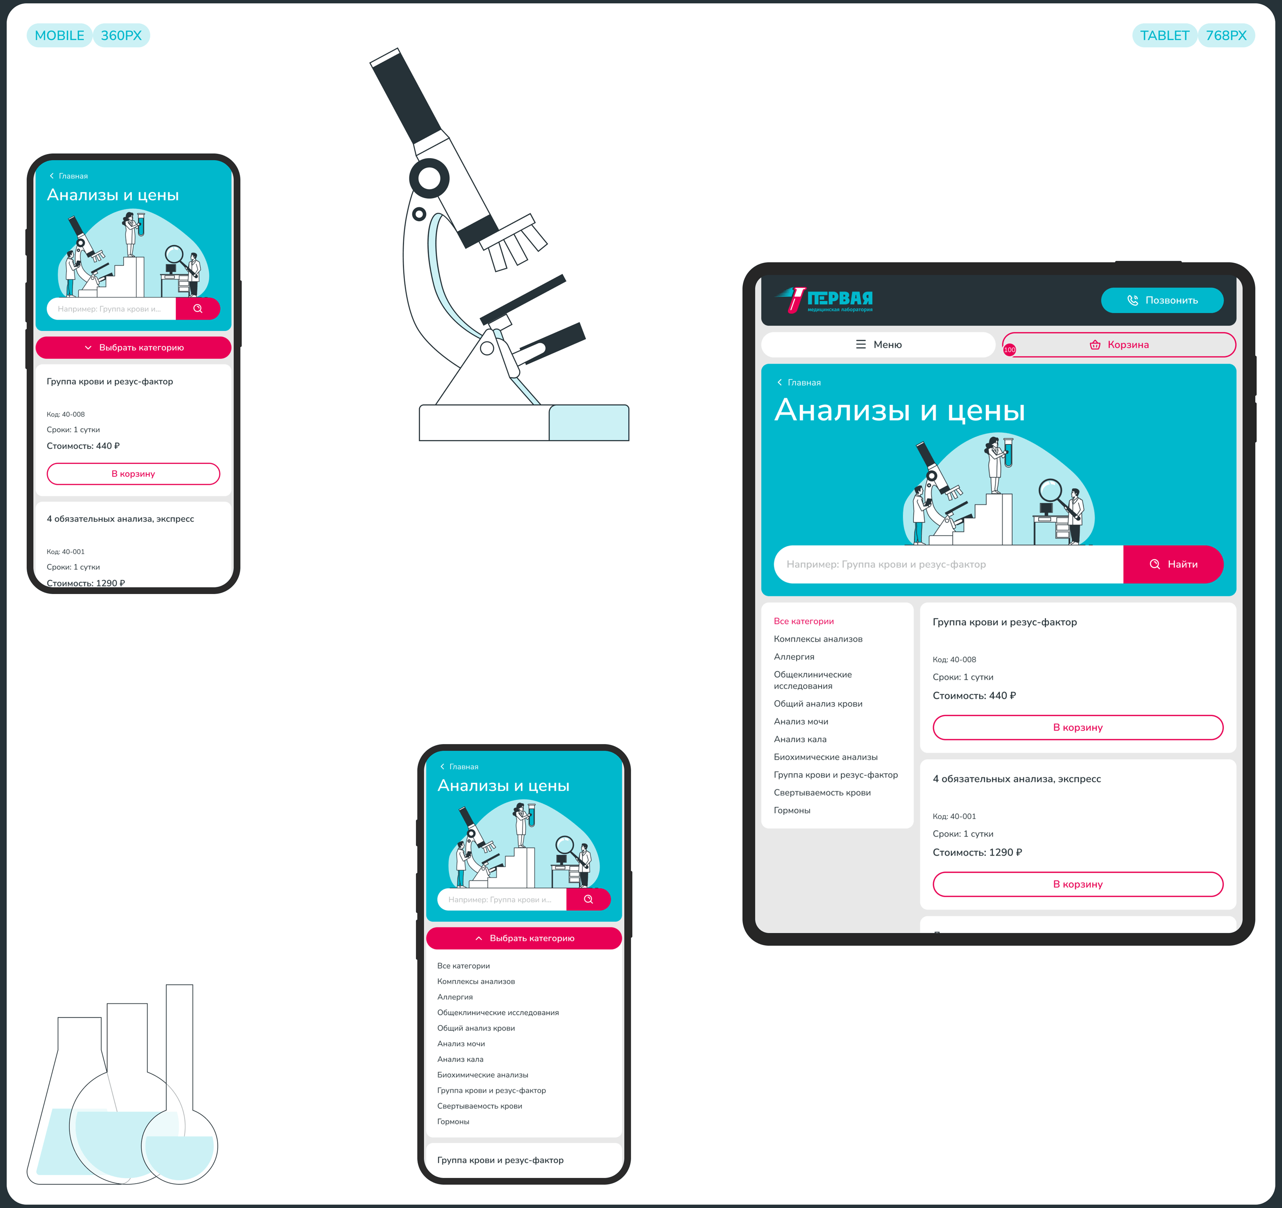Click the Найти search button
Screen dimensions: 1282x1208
[x=1173, y=564]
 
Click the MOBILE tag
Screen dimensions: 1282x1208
[x=59, y=36]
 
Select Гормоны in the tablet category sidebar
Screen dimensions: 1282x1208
[x=792, y=810]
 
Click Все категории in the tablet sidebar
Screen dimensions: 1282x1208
[x=804, y=621]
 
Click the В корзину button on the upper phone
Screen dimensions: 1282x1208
[x=133, y=474]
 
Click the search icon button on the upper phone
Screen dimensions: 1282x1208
[x=198, y=309]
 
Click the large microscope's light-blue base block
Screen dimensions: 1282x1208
[x=589, y=423]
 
